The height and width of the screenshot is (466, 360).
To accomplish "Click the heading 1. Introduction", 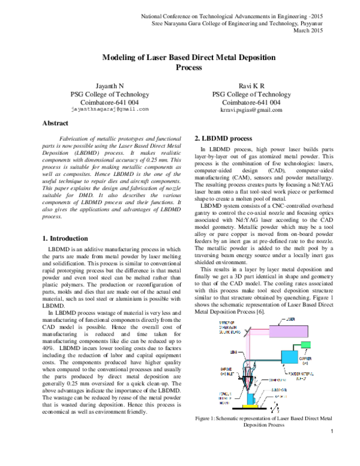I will click(65, 238).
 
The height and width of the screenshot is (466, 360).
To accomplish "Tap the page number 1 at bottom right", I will click(332, 449).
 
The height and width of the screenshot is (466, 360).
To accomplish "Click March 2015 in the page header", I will click(322, 31).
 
